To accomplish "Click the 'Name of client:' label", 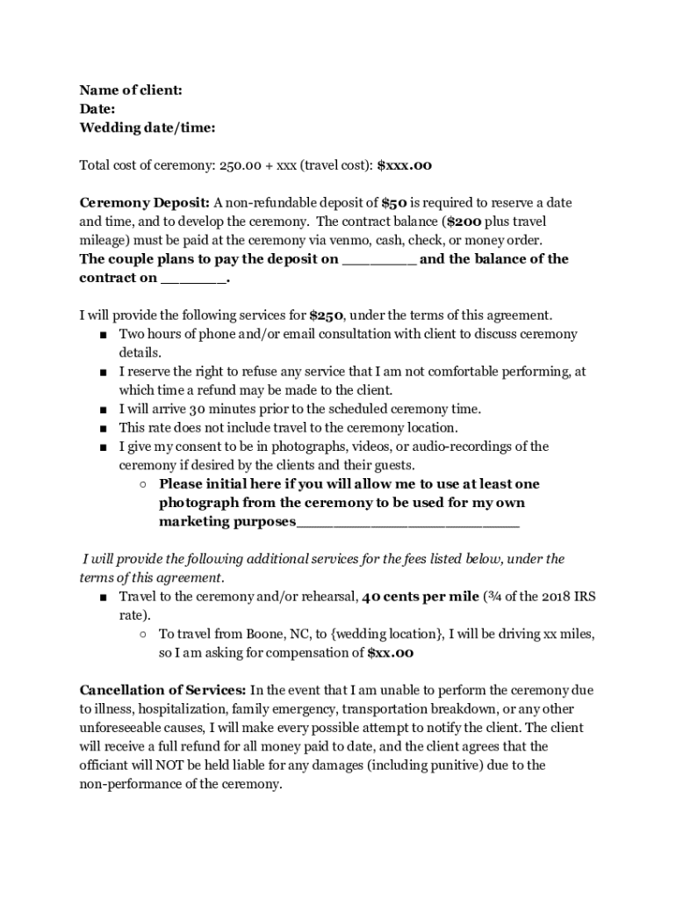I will point(131,91).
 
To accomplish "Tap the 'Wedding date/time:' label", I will point(147,128).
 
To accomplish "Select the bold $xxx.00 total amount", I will point(404,165).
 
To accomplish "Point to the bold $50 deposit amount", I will point(393,203).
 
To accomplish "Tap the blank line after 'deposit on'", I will point(379,260).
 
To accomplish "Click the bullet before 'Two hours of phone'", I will point(104,335).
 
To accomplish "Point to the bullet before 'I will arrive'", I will point(104,410).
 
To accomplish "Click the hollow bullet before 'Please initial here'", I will point(142,484).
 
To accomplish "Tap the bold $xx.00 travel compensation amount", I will point(390,653).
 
